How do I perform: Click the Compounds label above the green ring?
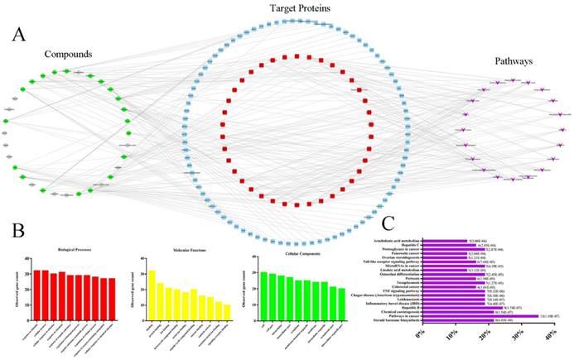point(68,55)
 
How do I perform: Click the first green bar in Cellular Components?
point(263,294)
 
